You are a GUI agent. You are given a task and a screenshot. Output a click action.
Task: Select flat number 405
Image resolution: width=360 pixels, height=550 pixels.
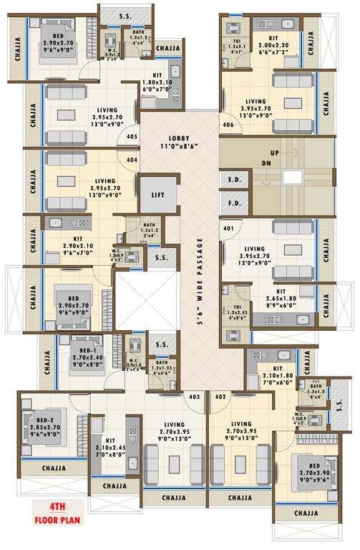pyautogui.click(x=132, y=136)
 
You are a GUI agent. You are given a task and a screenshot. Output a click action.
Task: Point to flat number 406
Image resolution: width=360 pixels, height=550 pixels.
pyautogui.click(x=228, y=125)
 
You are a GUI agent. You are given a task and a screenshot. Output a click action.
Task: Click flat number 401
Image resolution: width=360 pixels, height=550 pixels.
pyautogui.click(x=228, y=229)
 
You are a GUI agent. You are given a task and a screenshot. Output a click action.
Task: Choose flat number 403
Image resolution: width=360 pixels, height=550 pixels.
pyautogui.click(x=194, y=396)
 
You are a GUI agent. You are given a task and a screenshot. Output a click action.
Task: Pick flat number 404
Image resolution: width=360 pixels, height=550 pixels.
pyautogui.click(x=132, y=161)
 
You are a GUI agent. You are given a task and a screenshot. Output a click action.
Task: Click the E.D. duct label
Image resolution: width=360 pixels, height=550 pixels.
pyautogui.click(x=234, y=180)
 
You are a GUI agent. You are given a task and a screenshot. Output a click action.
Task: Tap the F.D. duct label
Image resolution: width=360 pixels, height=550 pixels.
pyautogui.click(x=234, y=203)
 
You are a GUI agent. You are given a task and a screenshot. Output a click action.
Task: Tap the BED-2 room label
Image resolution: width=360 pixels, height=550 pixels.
pyautogui.click(x=46, y=428)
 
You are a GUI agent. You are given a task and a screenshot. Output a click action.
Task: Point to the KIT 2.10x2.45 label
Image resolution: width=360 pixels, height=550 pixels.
pyautogui.click(x=111, y=448)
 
